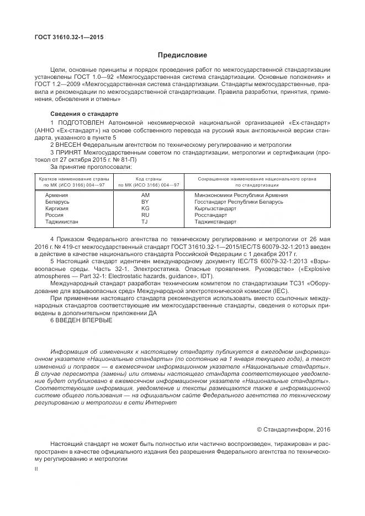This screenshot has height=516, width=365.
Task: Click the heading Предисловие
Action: [x=182, y=55]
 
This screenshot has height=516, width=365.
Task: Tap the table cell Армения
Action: [x=56, y=195]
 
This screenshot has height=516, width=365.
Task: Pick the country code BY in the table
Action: [x=145, y=202]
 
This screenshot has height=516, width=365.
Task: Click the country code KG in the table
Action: [x=145, y=209]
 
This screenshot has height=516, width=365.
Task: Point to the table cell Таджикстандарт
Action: [x=215, y=222]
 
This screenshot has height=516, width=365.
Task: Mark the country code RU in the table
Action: [x=145, y=215]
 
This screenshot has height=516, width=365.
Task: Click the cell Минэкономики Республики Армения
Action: [x=241, y=195]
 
